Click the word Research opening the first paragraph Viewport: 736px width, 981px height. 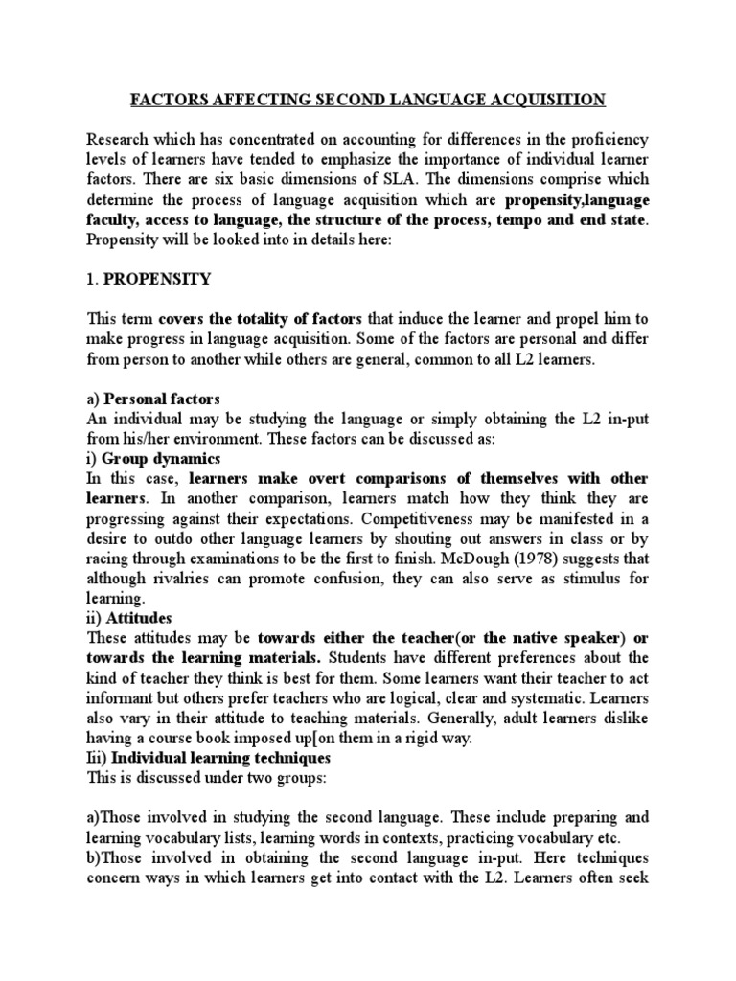[119, 139]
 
